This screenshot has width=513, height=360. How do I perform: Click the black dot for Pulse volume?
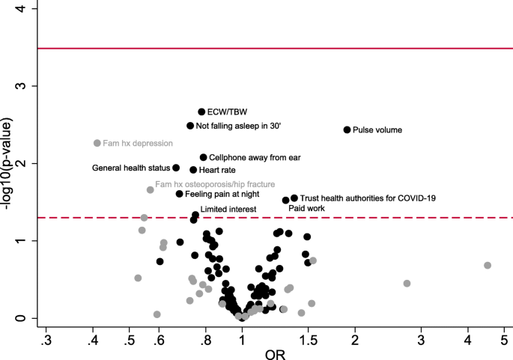point(347,129)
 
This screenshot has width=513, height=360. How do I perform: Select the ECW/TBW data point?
point(201,112)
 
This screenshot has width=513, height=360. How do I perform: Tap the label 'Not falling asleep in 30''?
point(238,126)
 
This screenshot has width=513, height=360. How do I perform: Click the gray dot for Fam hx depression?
point(97,143)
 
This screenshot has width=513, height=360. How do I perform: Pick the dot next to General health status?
point(176,168)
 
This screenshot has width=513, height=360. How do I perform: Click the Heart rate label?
point(217,170)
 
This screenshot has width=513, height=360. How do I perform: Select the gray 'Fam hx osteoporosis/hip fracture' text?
point(214,183)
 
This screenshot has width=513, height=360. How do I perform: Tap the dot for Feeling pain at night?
point(179,194)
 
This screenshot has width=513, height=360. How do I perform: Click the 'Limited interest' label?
point(228,209)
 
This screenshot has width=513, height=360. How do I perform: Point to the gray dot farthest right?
point(487,265)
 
